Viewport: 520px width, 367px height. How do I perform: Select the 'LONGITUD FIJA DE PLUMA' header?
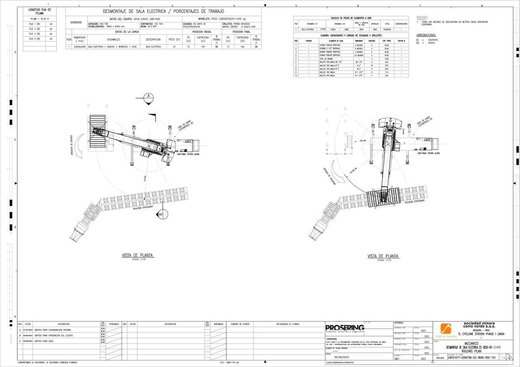coord(39,11)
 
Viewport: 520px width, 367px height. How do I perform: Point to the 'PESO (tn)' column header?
coord(174,39)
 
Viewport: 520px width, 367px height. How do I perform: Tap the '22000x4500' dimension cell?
coord(79,46)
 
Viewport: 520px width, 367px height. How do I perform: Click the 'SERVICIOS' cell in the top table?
coord(76,22)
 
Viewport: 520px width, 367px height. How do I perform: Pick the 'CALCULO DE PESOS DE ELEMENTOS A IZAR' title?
coord(351,18)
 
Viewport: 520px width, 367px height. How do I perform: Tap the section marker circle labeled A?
coord(149,96)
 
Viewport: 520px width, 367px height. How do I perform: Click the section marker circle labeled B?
coord(160,213)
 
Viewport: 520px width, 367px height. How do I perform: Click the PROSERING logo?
coord(345,328)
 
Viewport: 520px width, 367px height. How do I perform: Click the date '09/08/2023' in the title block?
coord(340,357)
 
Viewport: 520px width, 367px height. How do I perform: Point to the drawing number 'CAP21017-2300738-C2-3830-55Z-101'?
coord(471,358)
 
